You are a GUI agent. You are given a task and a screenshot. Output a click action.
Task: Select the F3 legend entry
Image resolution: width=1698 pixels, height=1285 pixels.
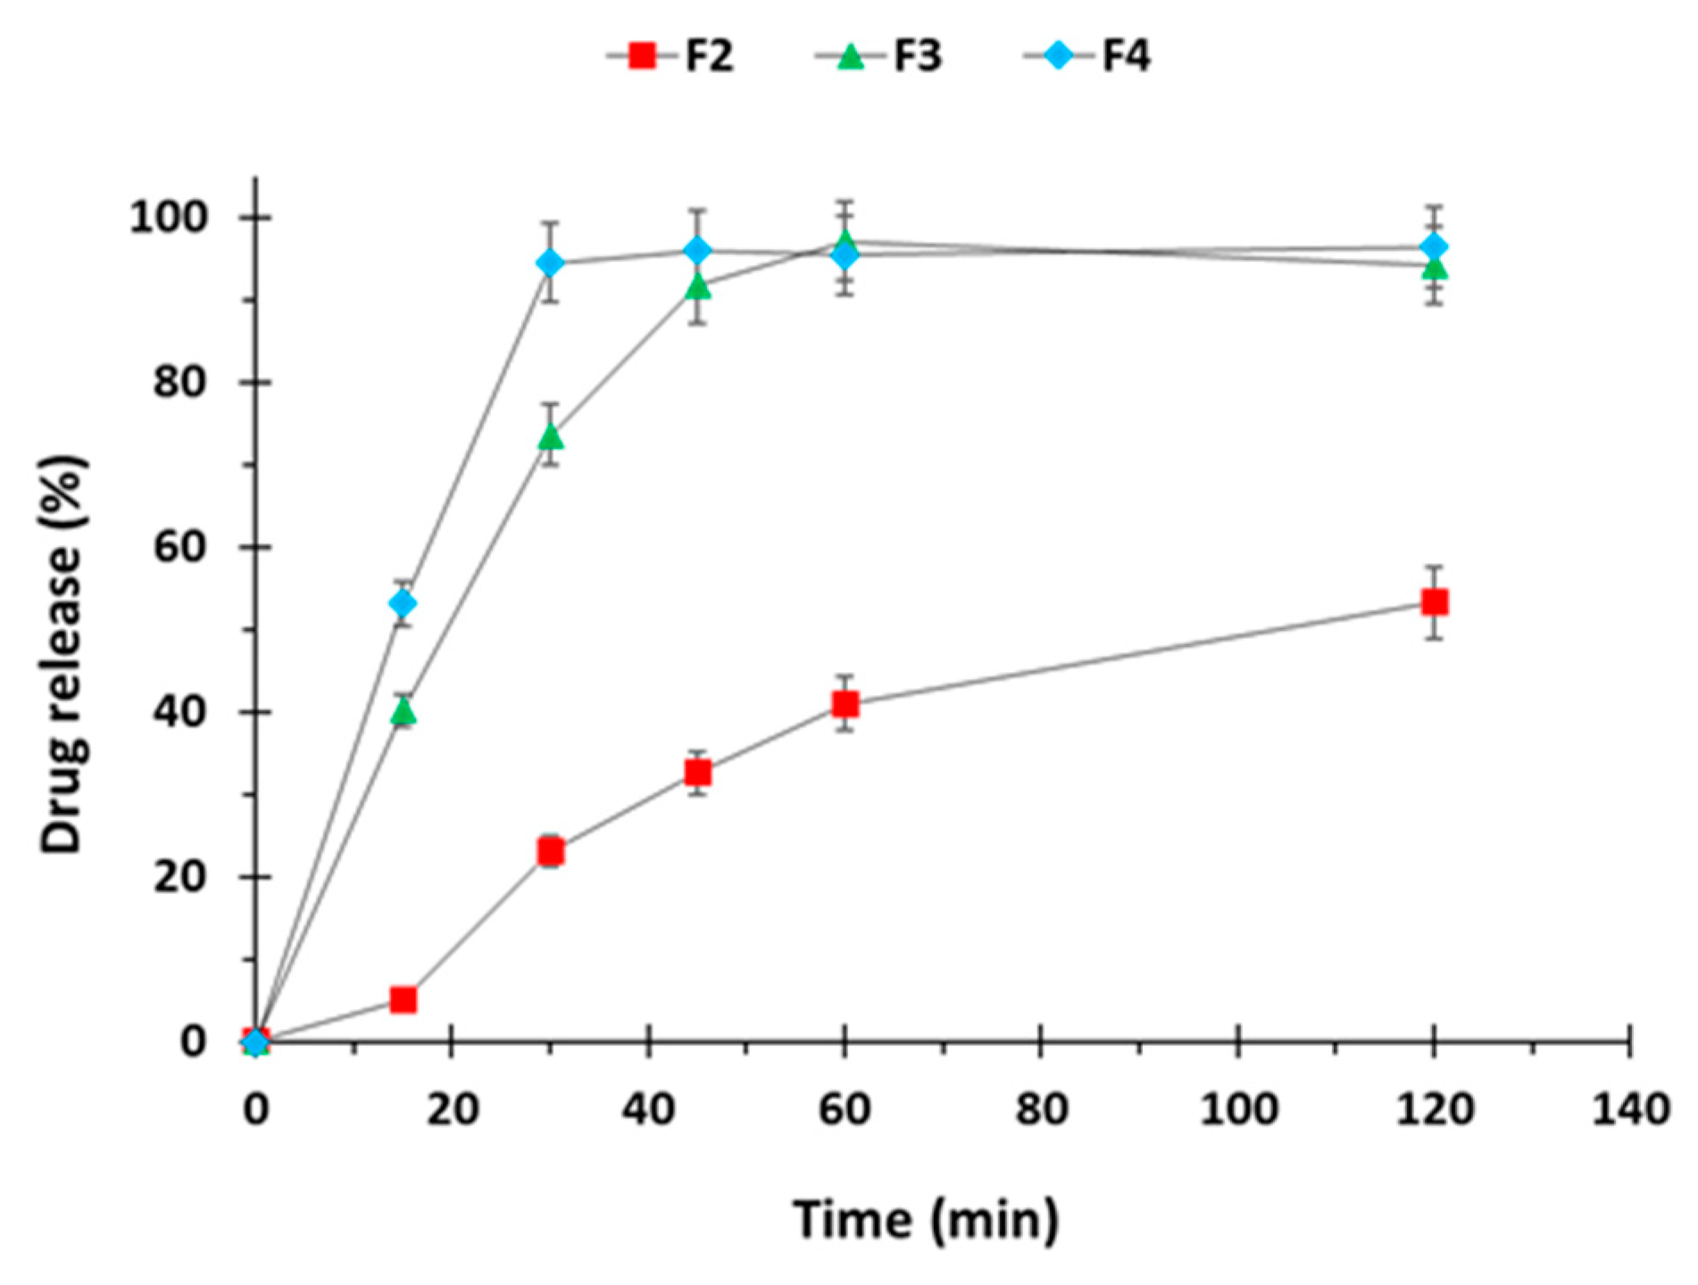[x=880, y=56]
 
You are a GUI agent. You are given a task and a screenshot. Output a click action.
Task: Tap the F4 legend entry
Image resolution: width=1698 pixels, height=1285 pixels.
[x=1089, y=56]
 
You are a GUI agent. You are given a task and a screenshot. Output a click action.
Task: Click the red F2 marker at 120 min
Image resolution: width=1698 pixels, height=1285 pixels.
[x=1434, y=602]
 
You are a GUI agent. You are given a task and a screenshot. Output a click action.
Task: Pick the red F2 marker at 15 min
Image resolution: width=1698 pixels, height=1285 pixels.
[x=404, y=999]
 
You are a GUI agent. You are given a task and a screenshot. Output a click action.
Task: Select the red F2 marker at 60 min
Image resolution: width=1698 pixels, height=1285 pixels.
[x=845, y=704]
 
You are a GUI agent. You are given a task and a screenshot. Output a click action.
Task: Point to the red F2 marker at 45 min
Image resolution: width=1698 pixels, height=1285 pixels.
[x=698, y=772]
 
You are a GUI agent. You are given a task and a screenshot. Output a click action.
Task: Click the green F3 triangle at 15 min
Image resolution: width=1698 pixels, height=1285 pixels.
[x=404, y=711]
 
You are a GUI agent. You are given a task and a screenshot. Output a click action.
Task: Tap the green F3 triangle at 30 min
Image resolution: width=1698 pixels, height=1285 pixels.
[x=551, y=437]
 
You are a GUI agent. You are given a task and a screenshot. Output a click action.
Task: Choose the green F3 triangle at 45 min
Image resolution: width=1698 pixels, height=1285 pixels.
[x=698, y=287]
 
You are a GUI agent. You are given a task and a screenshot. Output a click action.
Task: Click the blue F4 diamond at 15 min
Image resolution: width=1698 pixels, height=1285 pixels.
[x=404, y=604]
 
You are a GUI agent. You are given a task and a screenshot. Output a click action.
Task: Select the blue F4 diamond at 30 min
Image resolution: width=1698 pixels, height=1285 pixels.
[x=551, y=263]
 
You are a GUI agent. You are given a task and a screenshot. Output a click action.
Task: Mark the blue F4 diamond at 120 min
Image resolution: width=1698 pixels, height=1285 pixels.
[x=1434, y=246]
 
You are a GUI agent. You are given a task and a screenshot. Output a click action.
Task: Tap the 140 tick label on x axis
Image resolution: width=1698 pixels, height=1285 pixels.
[x=1629, y=1109]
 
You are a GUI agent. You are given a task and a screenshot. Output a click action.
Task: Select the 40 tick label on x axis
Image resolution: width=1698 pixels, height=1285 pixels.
[x=648, y=1109]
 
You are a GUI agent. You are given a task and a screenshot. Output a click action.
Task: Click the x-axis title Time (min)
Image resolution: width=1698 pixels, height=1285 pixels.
[x=926, y=1219]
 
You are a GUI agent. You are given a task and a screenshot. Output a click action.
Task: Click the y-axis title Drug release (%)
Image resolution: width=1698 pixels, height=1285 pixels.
[x=64, y=656]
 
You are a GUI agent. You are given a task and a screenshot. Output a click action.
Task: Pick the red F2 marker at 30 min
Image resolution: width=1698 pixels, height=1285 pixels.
[x=551, y=852]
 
